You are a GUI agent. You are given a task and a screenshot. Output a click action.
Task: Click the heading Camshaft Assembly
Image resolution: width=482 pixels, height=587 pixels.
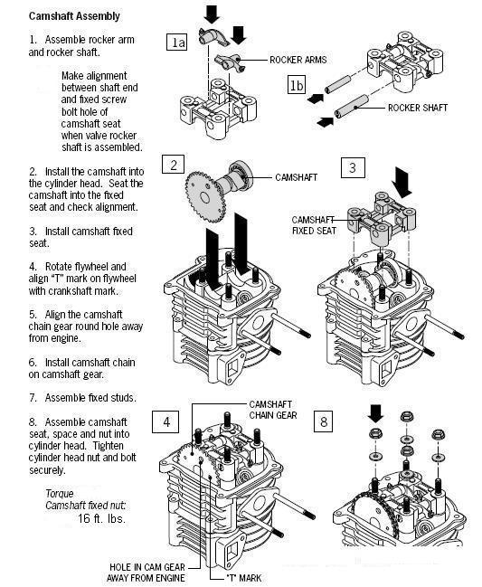click(74, 16)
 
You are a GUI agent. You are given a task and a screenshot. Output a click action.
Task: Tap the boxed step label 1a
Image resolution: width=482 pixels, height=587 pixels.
click(176, 42)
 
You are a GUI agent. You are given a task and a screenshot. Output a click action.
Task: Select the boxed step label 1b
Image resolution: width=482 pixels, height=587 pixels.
click(297, 85)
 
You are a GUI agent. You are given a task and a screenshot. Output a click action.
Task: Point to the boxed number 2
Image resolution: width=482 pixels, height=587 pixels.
click(174, 164)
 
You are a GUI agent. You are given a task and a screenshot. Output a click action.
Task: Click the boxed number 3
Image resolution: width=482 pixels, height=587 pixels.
click(352, 167)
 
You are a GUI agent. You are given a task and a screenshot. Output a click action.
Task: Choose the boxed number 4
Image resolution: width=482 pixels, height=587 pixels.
click(166, 421)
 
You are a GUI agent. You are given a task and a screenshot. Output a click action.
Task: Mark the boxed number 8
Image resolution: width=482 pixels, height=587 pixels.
click(324, 421)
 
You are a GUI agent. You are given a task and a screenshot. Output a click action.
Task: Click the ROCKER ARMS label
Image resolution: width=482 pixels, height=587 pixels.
click(298, 60)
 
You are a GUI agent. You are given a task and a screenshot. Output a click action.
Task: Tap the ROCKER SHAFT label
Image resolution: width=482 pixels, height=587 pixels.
click(418, 108)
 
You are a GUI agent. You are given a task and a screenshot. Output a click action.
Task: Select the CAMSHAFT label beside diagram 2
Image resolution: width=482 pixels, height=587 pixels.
click(296, 177)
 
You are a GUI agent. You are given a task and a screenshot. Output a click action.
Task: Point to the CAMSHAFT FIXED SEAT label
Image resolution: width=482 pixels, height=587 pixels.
click(314, 225)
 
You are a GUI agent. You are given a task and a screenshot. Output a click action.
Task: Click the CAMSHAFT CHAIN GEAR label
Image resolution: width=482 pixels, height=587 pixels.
click(273, 410)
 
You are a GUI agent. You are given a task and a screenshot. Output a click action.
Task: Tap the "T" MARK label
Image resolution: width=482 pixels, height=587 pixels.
click(244, 578)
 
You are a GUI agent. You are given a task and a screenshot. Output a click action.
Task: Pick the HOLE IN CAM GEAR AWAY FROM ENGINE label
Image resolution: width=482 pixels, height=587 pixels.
click(146, 573)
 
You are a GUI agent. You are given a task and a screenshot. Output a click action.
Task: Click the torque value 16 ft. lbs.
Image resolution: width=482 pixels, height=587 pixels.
click(102, 518)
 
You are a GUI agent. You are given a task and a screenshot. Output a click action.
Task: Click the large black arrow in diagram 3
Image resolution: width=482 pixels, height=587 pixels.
click(402, 183)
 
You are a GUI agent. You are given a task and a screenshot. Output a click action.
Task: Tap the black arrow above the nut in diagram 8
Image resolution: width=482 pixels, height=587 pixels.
click(375, 413)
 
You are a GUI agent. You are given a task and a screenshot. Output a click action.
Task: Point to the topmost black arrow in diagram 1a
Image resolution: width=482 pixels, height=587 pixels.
click(212, 14)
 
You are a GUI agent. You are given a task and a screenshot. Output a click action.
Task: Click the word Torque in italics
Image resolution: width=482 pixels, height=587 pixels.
click(60, 494)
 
